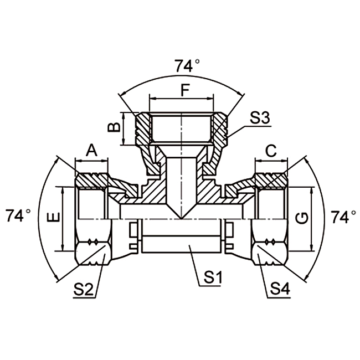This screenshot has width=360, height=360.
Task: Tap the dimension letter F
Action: (x=184, y=88)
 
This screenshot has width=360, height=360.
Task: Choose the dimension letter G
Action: (x=302, y=218)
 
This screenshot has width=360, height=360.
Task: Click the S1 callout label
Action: (x=210, y=276)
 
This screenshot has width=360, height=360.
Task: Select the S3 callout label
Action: (x=259, y=118)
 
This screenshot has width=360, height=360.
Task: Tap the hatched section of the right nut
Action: (x=270, y=179)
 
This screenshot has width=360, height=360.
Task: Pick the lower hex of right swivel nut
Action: (x=270, y=249)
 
